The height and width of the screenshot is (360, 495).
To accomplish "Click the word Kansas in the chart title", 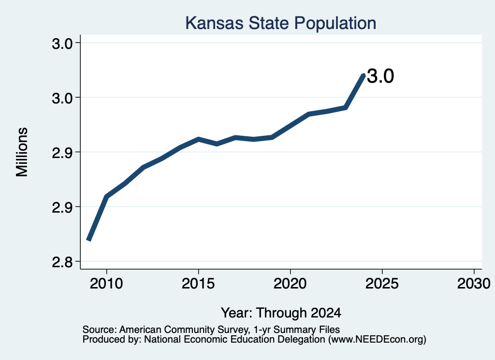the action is click(x=214, y=23).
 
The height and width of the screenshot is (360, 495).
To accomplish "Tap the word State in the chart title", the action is click(x=269, y=23).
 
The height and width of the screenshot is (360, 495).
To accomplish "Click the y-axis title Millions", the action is click(x=22, y=152).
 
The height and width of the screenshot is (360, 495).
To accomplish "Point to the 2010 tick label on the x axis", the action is click(x=106, y=284).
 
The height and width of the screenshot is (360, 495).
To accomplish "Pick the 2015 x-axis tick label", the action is click(x=198, y=284).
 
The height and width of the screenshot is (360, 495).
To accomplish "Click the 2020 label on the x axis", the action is click(x=290, y=284).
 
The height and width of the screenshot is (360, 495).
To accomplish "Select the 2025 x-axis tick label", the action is click(x=382, y=284).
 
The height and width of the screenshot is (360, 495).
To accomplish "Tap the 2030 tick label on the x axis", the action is click(x=474, y=284).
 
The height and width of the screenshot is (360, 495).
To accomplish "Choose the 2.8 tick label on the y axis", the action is click(x=62, y=262).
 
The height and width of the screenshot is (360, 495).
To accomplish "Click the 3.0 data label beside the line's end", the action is click(x=380, y=76).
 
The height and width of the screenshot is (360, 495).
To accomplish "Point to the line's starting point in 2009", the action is click(x=89, y=241).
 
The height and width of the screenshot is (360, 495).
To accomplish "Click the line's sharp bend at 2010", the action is click(x=107, y=197).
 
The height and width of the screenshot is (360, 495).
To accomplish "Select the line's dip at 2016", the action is click(x=217, y=144).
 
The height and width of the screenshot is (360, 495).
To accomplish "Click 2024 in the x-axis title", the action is click(x=326, y=313).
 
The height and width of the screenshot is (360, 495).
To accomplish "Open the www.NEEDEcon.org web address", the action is click(x=377, y=340).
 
